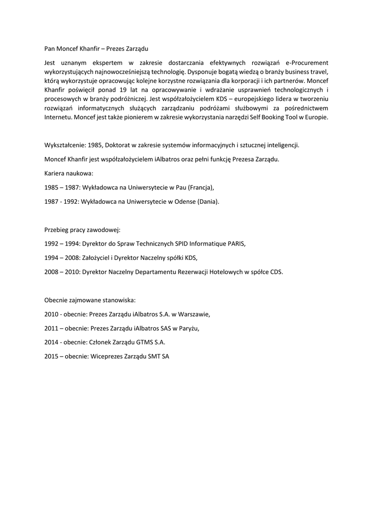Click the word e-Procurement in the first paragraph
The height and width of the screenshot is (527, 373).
point(307,62)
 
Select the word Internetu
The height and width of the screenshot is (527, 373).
point(59,117)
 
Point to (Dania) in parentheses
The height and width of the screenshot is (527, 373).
point(208,202)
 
